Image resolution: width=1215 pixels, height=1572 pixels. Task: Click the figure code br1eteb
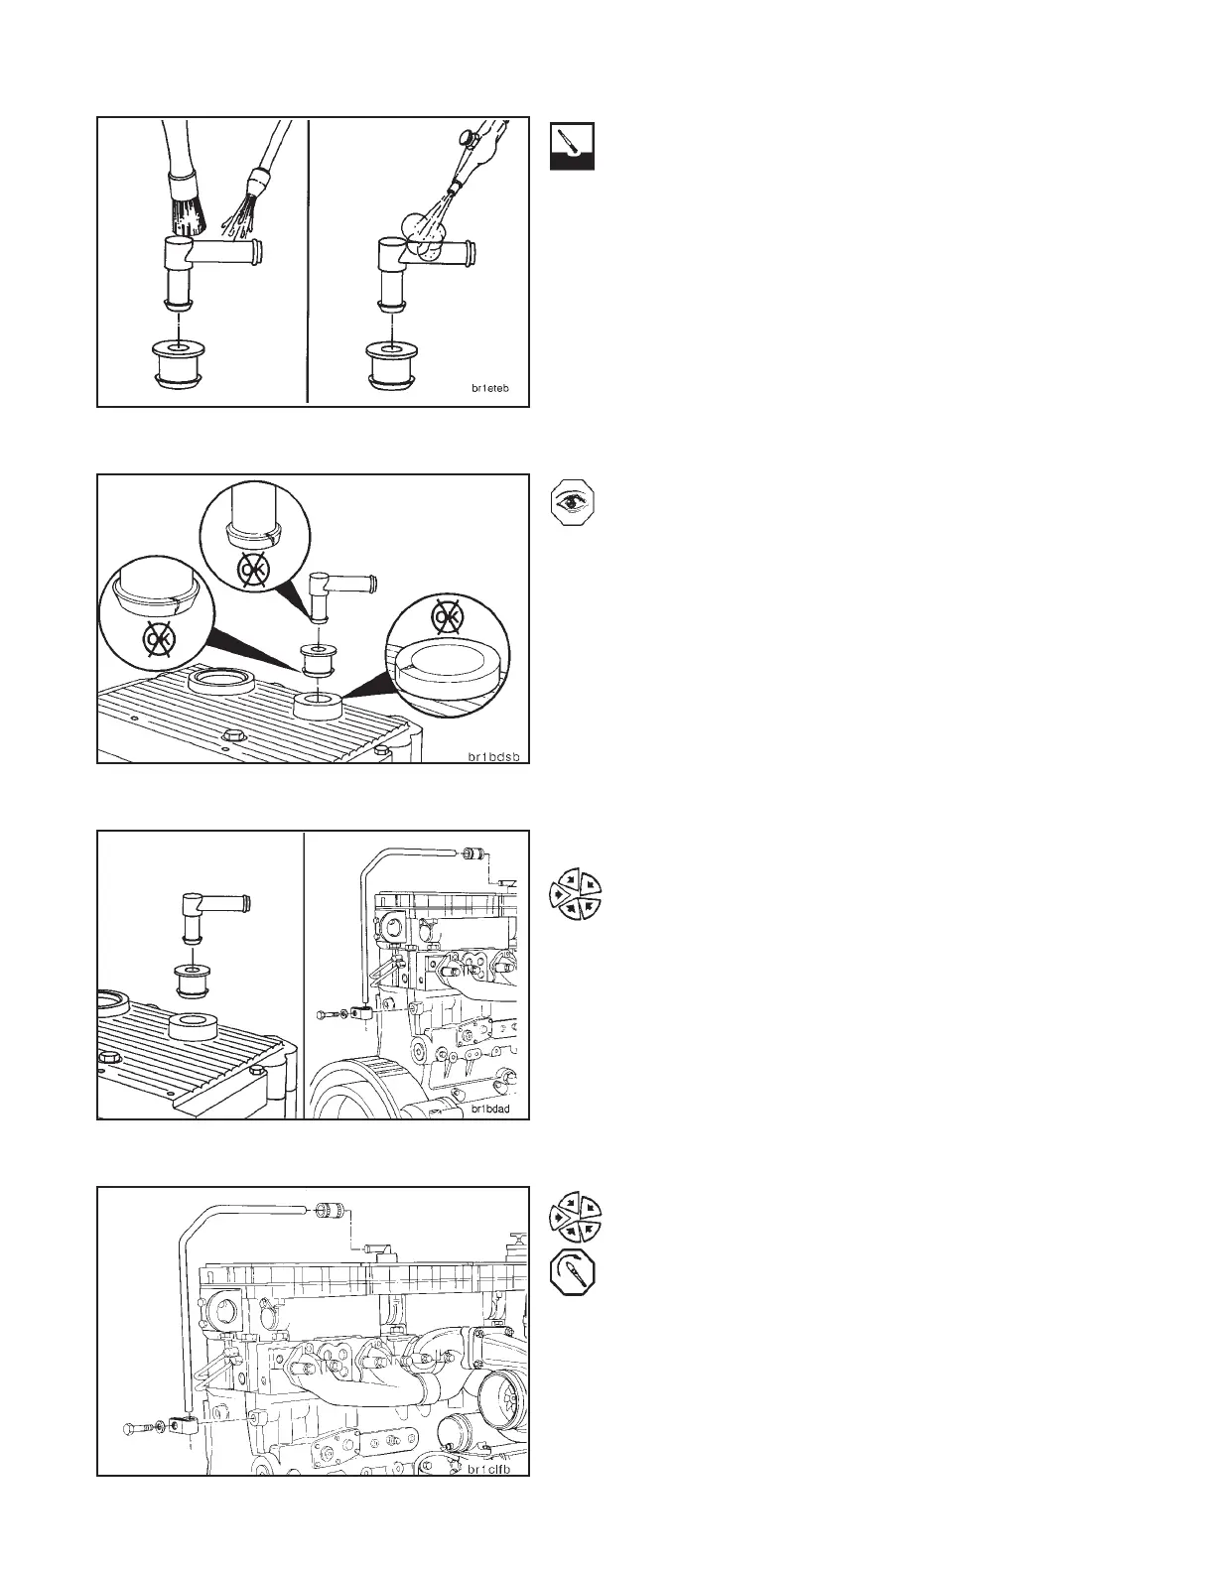tap(490, 389)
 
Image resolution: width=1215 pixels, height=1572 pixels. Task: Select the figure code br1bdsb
tap(494, 756)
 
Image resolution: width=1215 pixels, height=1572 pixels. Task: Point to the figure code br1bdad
tap(491, 1109)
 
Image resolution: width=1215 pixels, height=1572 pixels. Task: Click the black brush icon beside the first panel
tap(572, 146)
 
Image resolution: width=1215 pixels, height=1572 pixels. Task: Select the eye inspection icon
tap(572, 503)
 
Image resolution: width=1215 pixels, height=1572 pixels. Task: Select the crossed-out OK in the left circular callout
tap(156, 641)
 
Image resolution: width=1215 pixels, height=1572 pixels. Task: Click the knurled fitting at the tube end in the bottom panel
tap(329, 1211)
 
